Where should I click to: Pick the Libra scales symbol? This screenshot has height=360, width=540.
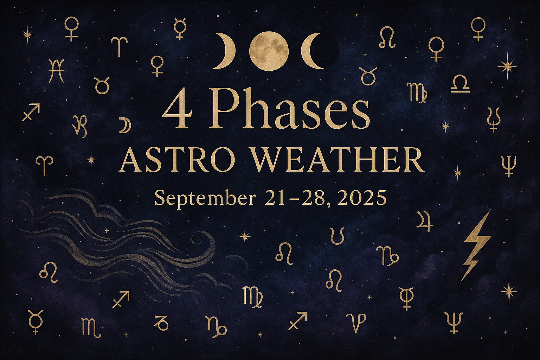coord(460,84)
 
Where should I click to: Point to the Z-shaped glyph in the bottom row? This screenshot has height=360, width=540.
coord(161,323)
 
